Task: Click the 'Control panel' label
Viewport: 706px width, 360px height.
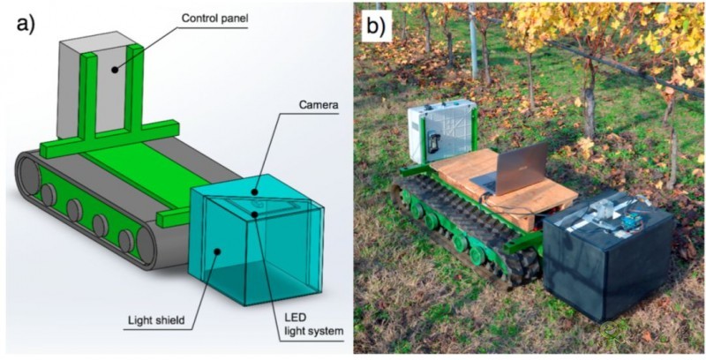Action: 217,17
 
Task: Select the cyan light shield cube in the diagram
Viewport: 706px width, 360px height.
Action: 256,247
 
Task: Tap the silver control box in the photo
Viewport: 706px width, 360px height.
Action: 440,132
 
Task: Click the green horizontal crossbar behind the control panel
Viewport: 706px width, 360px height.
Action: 132,129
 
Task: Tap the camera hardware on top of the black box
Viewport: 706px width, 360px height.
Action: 609,212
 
